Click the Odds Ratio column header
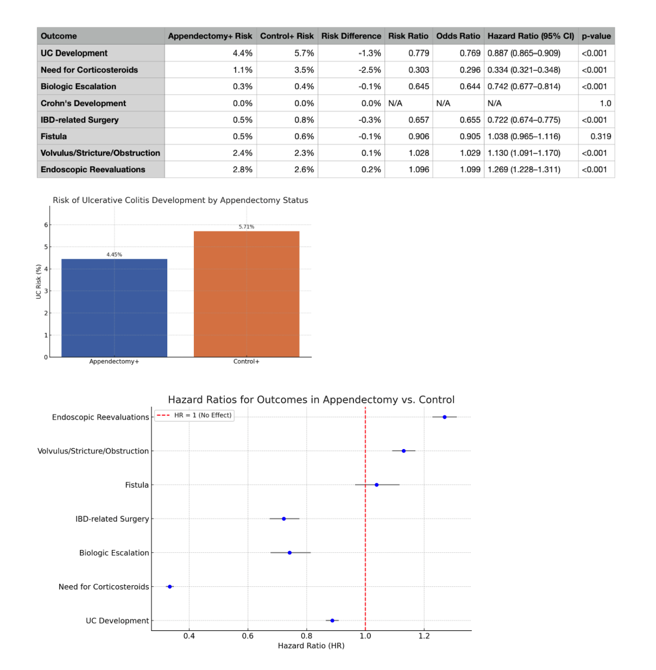point(458,36)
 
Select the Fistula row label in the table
point(54,136)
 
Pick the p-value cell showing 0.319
point(601,136)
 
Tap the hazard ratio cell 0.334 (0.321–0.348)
point(523,70)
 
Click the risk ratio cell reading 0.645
point(419,86)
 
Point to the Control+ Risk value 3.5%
point(304,70)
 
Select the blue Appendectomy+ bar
point(114,308)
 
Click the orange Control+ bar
point(246,294)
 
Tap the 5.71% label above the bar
point(246,227)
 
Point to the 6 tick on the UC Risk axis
point(46,225)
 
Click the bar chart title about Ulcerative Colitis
point(180,200)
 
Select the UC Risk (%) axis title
point(39,282)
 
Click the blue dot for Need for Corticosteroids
point(170,586)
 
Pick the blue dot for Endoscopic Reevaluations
point(444,417)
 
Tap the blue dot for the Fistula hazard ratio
point(376,485)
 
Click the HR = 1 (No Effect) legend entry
point(194,415)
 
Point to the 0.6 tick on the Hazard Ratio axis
point(248,636)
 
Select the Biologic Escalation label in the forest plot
point(113,553)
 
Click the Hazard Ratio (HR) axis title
point(311,646)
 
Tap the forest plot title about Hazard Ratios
point(311,400)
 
